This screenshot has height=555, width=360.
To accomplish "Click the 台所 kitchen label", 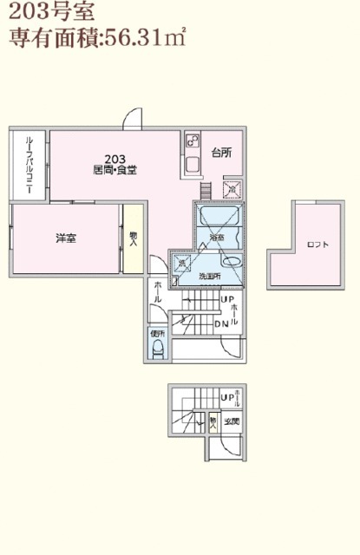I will pyautogui.click(x=221, y=153).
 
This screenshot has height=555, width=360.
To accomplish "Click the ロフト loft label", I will pyautogui.click(x=317, y=245).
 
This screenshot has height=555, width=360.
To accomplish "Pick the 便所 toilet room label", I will pyautogui.click(x=157, y=334).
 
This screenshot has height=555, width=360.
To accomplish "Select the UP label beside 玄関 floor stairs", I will pyautogui.click(x=227, y=398).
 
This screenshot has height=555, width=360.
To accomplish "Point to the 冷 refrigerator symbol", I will pyautogui.click(x=232, y=189).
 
